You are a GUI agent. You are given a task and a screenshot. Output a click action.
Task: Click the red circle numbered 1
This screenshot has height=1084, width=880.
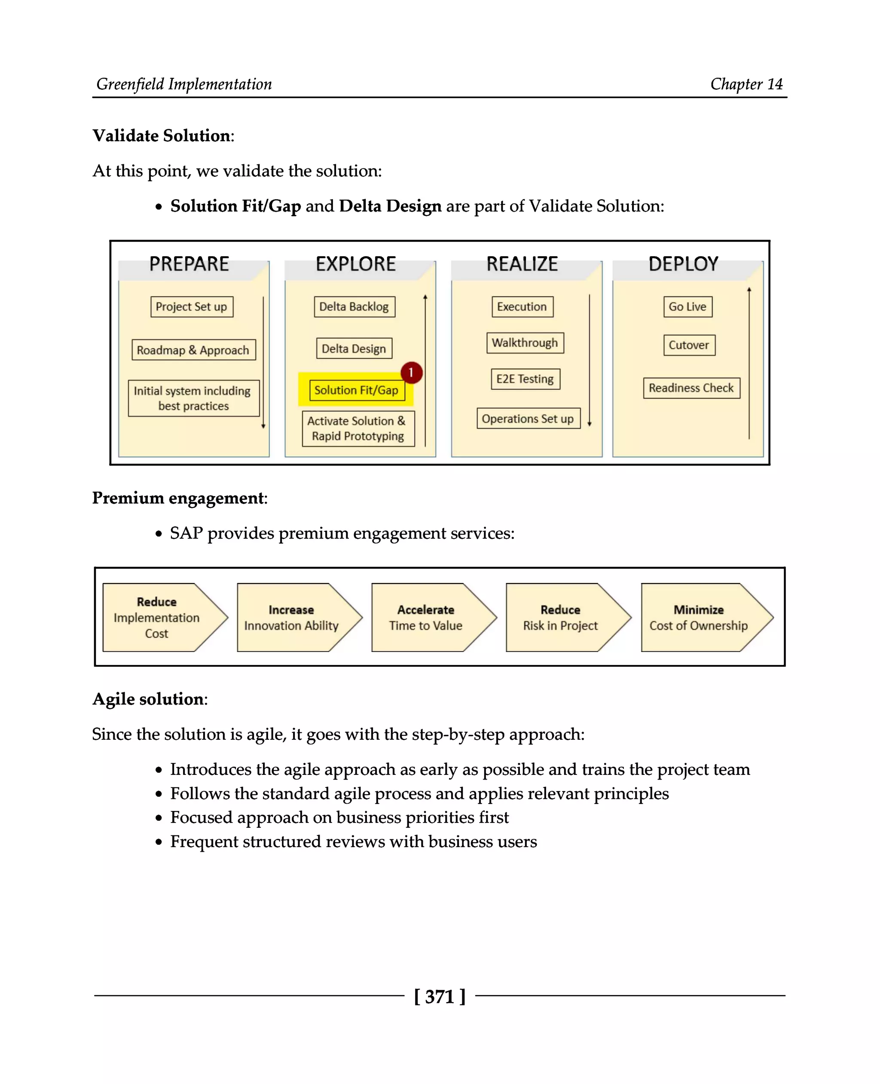(x=411, y=373)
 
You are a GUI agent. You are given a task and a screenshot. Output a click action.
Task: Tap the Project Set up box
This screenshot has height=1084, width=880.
(x=192, y=307)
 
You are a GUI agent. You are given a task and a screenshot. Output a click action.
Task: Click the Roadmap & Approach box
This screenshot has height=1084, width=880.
(x=193, y=350)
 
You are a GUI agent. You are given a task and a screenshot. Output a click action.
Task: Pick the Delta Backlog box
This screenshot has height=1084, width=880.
(x=354, y=307)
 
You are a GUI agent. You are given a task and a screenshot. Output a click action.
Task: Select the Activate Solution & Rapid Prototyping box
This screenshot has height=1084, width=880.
(x=358, y=428)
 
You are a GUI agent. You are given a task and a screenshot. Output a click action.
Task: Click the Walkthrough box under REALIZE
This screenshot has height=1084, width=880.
(x=525, y=343)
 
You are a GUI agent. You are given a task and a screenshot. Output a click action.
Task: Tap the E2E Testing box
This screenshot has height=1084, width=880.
(x=525, y=379)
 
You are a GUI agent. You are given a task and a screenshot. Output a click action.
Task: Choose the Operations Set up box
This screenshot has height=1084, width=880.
(x=528, y=419)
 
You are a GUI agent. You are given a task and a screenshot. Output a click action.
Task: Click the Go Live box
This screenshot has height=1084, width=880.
(x=687, y=307)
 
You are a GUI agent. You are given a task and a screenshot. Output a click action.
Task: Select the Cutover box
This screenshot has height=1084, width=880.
(x=689, y=346)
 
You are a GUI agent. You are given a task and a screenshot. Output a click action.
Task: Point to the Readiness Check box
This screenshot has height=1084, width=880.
(x=691, y=388)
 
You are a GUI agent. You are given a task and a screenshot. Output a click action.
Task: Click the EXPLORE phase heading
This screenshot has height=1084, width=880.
(x=356, y=264)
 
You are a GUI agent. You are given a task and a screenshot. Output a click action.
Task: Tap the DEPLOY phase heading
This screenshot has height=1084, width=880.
(x=683, y=264)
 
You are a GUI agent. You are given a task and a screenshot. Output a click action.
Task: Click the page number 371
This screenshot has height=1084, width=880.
(x=440, y=997)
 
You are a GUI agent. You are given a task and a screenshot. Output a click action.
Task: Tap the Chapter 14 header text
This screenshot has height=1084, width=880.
(x=746, y=84)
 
